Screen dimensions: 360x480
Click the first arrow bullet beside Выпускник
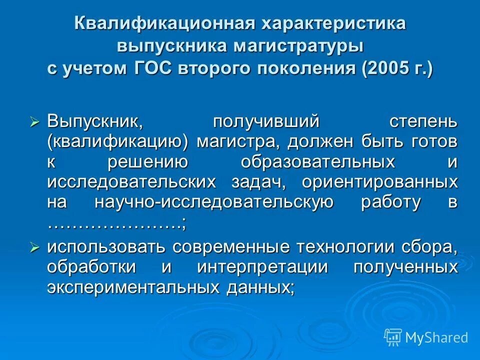[x=34, y=121]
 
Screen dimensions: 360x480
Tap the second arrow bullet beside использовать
[x=34, y=246]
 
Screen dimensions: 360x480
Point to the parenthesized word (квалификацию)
[x=117, y=142]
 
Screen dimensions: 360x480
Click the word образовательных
[x=316, y=162]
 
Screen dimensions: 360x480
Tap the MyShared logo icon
[x=393, y=337]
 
